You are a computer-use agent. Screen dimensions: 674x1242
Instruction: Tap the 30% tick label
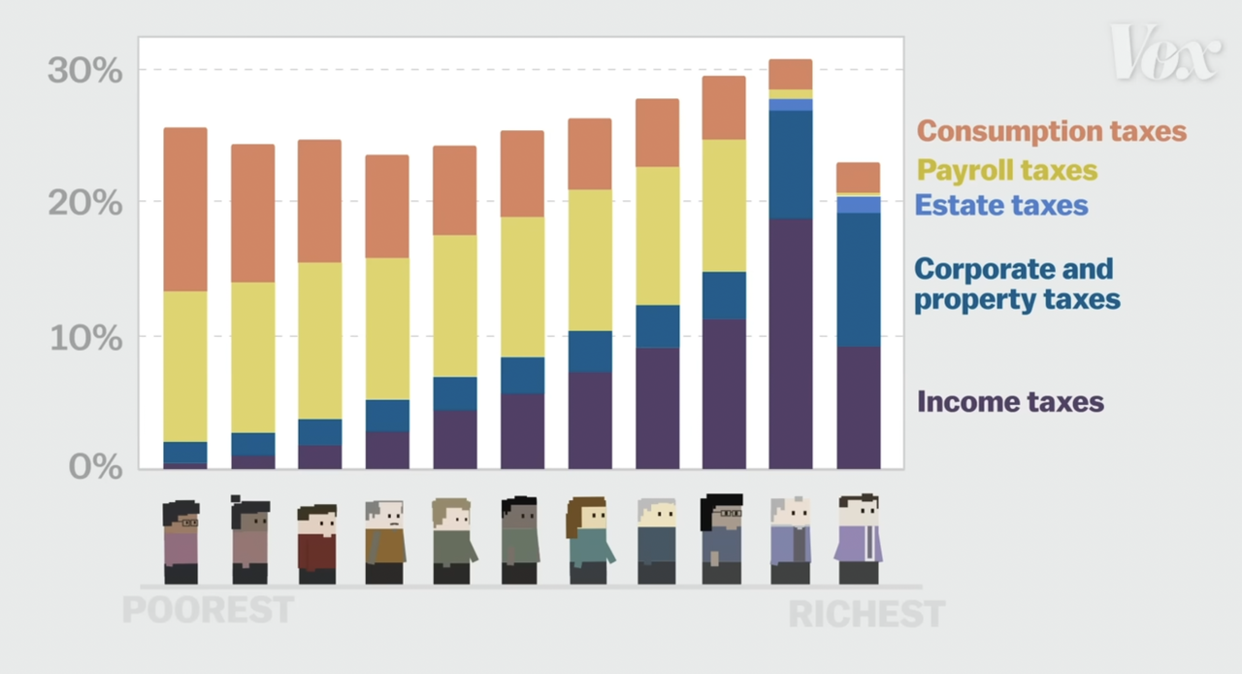(x=85, y=71)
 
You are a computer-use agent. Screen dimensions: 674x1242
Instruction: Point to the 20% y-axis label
(x=85, y=204)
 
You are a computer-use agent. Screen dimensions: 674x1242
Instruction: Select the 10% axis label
(x=85, y=339)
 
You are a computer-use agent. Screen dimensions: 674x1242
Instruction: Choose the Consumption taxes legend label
(x=1052, y=131)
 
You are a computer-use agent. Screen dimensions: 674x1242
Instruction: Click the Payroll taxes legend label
(x=1007, y=171)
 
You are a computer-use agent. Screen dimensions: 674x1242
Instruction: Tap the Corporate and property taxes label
(x=1017, y=284)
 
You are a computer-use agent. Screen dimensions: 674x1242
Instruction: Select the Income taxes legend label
(x=1010, y=401)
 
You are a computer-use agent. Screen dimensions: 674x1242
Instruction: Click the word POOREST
(x=208, y=610)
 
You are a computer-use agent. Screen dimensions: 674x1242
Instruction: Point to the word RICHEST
(x=866, y=614)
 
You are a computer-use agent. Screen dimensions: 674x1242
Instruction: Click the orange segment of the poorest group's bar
(x=185, y=209)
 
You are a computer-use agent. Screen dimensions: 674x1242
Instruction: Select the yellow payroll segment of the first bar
(x=185, y=366)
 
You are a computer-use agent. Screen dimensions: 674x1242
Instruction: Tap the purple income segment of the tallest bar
(x=790, y=344)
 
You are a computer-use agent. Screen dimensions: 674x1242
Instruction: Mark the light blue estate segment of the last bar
(x=858, y=204)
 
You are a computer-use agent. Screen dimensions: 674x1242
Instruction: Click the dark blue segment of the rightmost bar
(x=858, y=280)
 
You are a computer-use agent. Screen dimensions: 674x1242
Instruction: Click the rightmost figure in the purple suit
(x=858, y=539)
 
